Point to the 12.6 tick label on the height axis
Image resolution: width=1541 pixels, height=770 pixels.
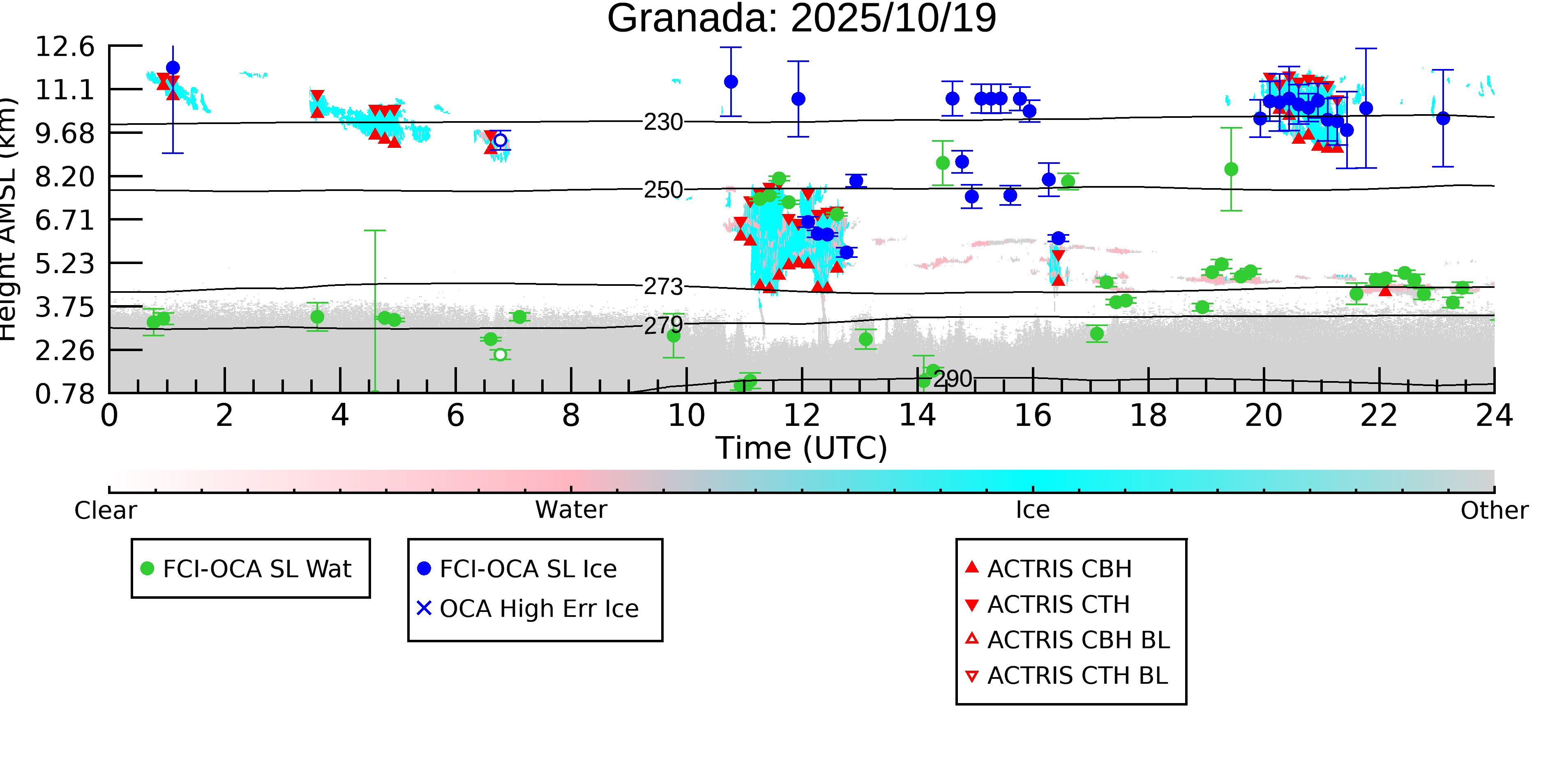(x=65, y=47)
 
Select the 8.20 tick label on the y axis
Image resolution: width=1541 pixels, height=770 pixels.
(x=65, y=177)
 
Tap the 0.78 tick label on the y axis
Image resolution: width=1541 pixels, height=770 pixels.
(x=65, y=394)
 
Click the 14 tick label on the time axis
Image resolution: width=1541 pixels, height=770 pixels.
(x=917, y=416)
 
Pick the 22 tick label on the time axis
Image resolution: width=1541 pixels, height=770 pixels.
(x=1379, y=416)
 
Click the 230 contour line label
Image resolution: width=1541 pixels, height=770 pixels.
(x=663, y=122)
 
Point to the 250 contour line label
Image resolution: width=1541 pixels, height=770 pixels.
(x=663, y=190)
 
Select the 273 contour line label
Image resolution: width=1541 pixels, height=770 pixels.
(x=663, y=287)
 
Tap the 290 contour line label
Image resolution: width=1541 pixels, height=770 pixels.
(x=953, y=379)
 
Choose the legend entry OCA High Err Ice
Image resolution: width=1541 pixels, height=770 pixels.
(x=538, y=609)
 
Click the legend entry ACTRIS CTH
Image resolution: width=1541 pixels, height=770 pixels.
(x=1058, y=605)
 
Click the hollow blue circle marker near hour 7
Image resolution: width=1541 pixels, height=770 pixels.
(x=500, y=140)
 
